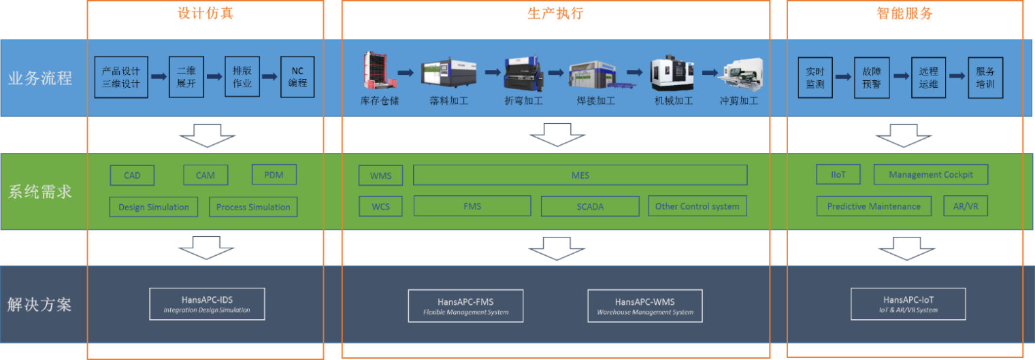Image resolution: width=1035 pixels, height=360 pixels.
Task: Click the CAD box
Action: click(132, 176)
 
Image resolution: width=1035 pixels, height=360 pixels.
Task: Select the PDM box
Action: click(274, 175)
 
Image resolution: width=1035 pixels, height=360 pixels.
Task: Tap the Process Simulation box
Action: click(253, 207)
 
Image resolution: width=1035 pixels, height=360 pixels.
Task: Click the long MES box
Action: click(580, 176)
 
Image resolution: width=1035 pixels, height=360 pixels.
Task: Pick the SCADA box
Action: click(590, 206)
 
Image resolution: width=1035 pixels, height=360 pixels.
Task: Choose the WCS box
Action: click(380, 206)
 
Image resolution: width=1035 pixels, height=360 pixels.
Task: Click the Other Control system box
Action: click(696, 206)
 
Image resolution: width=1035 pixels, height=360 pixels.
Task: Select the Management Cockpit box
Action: click(930, 175)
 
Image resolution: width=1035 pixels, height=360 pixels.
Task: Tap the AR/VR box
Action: click(965, 206)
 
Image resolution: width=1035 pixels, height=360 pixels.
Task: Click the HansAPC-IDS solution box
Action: click(207, 304)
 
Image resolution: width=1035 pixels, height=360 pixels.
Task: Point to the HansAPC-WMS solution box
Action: click(644, 306)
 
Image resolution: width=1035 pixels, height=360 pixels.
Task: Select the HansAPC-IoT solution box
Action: click(908, 304)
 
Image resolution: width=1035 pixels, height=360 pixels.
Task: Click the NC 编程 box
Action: click(297, 77)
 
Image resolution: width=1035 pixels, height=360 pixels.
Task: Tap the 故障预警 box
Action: click(872, 77)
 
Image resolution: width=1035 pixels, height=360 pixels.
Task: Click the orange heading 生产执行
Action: click(555, 13)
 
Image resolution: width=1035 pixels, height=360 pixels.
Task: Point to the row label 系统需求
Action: click(40, 192)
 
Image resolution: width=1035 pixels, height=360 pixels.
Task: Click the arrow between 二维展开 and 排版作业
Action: click(214, 77)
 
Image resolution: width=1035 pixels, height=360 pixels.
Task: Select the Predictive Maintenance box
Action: click(874, 206)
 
